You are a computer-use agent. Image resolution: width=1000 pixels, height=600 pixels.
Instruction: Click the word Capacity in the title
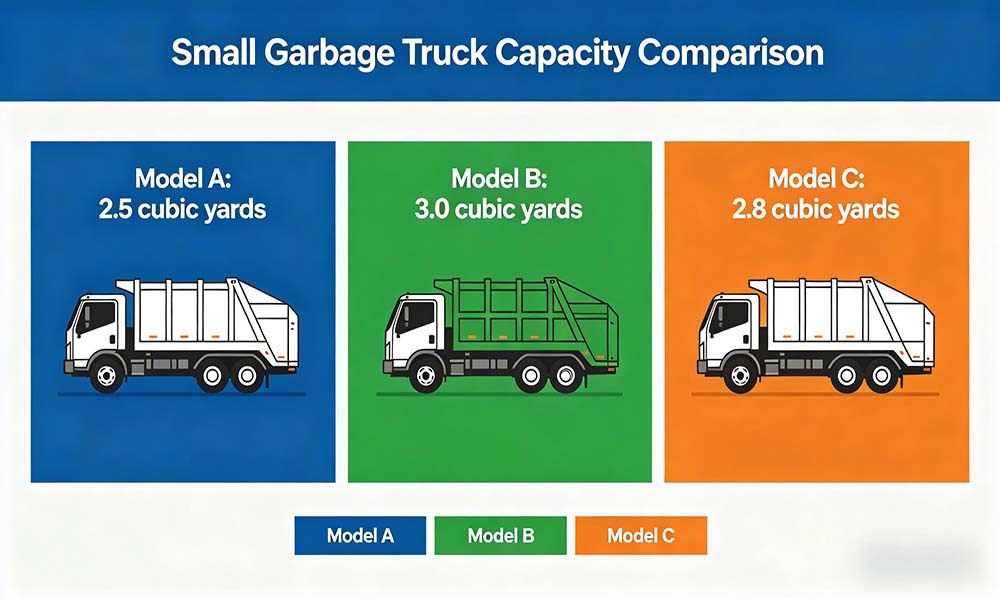[x=562, y=54]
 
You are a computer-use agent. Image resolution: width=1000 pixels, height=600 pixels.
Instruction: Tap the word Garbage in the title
[x=329, y=54]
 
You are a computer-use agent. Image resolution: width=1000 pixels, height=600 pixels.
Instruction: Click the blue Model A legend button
[x=360, y=535]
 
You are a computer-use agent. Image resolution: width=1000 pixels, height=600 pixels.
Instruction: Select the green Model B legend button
[x=501, y=535]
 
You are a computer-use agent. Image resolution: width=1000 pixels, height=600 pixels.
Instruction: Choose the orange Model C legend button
[x=641, y=535]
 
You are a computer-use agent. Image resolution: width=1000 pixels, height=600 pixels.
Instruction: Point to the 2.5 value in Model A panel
[x=115, y=209]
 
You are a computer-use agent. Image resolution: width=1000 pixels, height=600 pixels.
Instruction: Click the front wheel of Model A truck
[x=107, y=375]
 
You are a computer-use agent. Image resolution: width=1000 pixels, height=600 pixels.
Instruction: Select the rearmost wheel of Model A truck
[x=246, y=376]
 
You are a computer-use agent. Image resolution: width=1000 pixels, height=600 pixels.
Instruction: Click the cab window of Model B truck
[x=415, y=318]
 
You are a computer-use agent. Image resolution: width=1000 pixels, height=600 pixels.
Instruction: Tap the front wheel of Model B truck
[x=425, y=375]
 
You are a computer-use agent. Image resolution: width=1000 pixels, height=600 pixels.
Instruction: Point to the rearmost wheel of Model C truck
[x=881, y=376]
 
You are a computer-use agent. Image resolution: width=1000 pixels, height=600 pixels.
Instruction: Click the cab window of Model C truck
[x=730, y=318]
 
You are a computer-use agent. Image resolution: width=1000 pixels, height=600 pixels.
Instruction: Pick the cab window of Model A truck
[x=96, y=318]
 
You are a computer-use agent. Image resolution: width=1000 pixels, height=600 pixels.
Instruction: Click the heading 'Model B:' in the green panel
[x=499, y=178]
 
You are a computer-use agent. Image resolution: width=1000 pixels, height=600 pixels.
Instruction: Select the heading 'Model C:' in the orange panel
[x=816, y=178]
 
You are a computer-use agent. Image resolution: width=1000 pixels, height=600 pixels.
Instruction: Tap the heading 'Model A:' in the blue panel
[x=183, y=178]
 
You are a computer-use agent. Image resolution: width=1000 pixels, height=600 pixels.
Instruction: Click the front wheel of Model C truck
[x=741, y=375]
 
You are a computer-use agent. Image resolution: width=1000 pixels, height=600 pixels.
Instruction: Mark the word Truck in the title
[x=445, y=52]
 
